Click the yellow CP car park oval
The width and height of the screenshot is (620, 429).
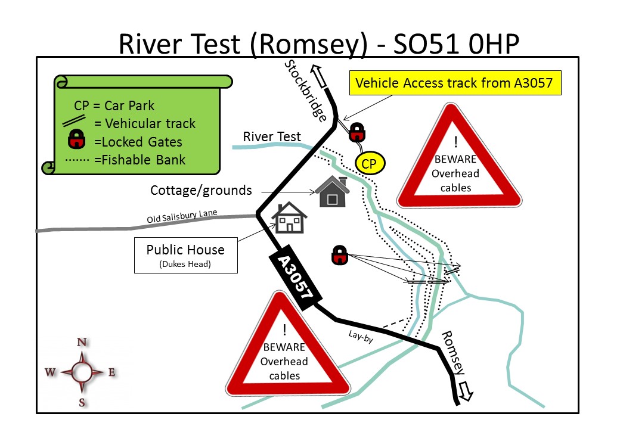pos(370,164)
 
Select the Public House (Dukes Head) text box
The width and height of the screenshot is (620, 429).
pos(185,255)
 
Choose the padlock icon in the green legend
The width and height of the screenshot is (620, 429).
pos(76,141)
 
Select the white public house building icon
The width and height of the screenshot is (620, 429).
pos(289,217)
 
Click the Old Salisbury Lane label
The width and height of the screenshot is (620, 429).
pos(182,217)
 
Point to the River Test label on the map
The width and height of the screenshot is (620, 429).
pos(272,137)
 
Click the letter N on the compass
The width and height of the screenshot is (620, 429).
pos(82,342)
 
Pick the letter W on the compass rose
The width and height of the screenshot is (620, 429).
pos(51,372)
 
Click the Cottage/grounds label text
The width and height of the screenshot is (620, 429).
pos(201,191)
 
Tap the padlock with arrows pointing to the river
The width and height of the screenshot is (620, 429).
pos(339,255)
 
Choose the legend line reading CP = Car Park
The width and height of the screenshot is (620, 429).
pos(114,106)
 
